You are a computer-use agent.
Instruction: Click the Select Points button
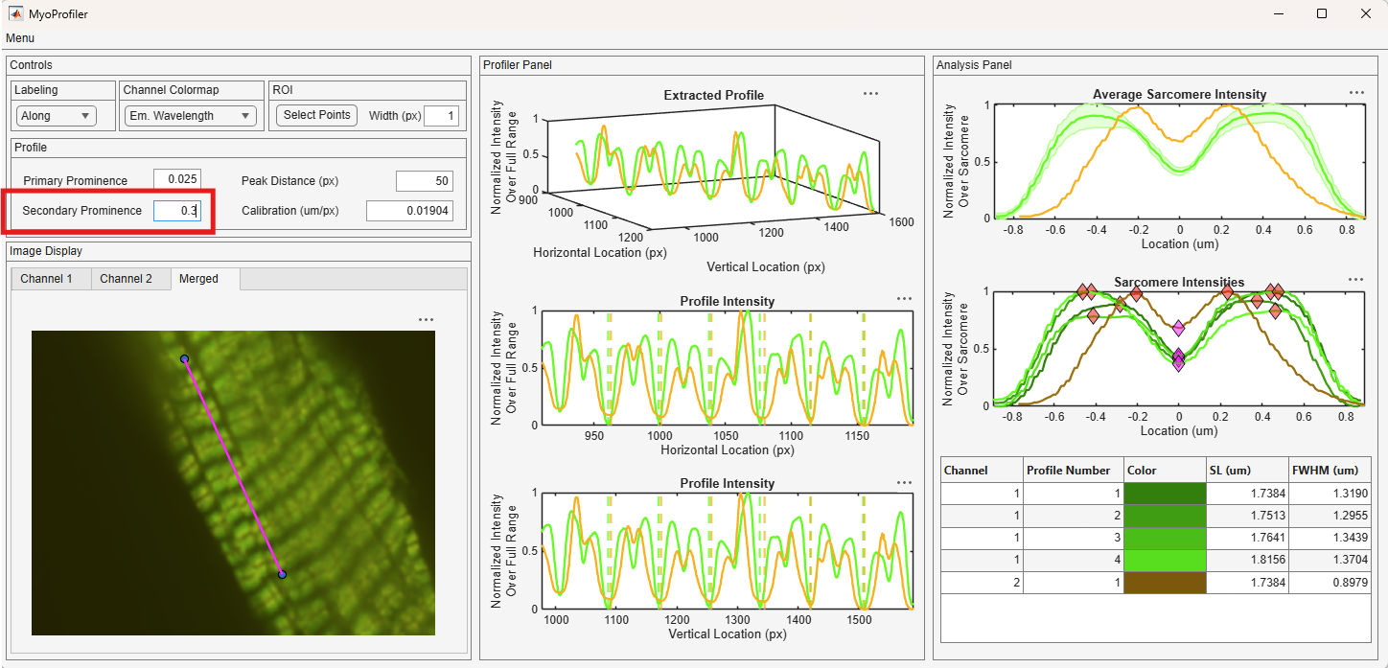click(x=316, y=115)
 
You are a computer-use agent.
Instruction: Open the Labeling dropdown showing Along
click(x=56, y=116)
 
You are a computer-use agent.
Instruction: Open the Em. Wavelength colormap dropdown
click(x=190, y=116)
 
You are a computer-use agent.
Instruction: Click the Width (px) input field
click(x=441, y=116)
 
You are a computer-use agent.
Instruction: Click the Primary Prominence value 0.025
click(x=177, y=179)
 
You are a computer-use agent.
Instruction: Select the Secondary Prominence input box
click(x=177, y=211)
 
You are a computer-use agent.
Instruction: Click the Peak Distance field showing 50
click(x=425, y=181)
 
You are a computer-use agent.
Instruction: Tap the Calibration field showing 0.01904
click(x=409, y=211)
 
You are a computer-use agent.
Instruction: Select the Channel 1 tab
click(x=46, y=279)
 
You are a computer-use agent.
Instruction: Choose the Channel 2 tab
click(x=126, y=279)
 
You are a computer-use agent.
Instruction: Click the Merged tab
click(x=199, y=279)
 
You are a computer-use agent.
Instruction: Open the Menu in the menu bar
click(x=20, y=37)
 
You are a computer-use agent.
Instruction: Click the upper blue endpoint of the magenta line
click(x=184, y=358)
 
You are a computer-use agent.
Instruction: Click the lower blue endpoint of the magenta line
click(x=282, y=574)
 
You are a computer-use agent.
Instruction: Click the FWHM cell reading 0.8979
click(x=1330, y=583)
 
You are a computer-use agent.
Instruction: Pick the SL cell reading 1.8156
click(x=1247, y=560)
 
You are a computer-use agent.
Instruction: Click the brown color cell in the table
click(x=1165, y=583)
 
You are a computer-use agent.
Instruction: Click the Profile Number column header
click(x=1068, y=471)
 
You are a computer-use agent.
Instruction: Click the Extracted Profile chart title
click(x=714, y=96)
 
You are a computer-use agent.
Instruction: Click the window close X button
click(x=1365, y=13)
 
